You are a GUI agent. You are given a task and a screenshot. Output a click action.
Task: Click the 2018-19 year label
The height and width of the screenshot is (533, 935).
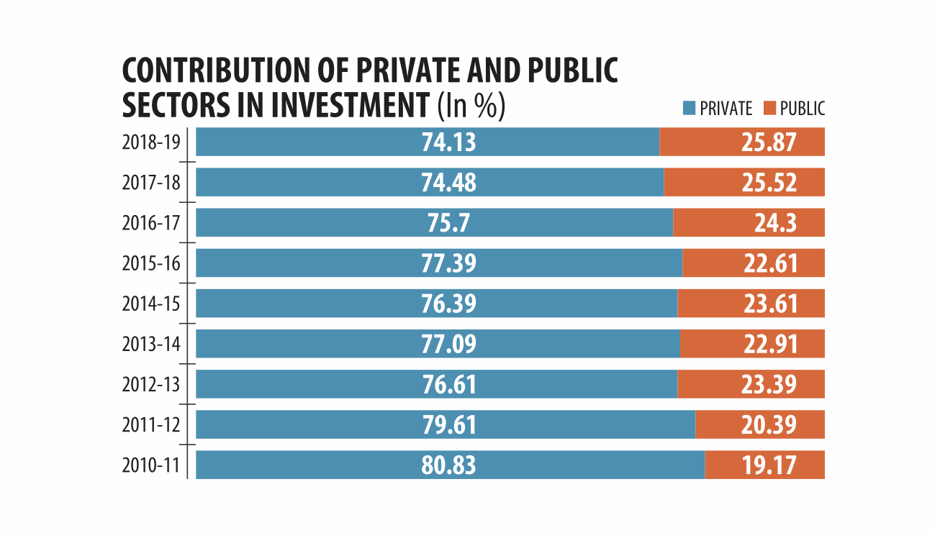coord(151,142)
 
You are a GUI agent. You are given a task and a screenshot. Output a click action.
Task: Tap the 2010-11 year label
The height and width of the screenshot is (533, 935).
coord(151,465)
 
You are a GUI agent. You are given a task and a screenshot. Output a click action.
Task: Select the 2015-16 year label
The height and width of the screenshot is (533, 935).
coord(151,263)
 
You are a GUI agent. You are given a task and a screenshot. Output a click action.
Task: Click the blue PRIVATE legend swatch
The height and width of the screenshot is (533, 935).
coord(689,109)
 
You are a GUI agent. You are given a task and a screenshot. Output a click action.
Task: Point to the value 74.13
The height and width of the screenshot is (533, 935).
coord(448,142)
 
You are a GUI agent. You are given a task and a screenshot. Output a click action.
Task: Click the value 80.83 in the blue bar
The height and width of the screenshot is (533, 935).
coord(448,465)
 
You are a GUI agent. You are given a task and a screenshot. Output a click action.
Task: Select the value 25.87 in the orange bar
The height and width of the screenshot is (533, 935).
coord(769,142)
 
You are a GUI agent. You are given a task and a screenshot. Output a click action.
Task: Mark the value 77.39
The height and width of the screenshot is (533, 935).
coord(448,263)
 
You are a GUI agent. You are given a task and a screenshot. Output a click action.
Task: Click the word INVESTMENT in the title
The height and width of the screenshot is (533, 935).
coord(348,106)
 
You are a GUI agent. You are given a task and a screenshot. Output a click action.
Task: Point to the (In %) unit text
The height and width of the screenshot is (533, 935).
coord(471,106)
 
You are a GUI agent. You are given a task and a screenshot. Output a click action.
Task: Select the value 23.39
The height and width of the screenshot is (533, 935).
coord(769,384)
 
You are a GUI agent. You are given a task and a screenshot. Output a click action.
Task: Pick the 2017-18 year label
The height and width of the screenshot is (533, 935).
coord(151,183)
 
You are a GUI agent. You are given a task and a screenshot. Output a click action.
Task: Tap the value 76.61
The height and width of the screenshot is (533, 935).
coord(448,384)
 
